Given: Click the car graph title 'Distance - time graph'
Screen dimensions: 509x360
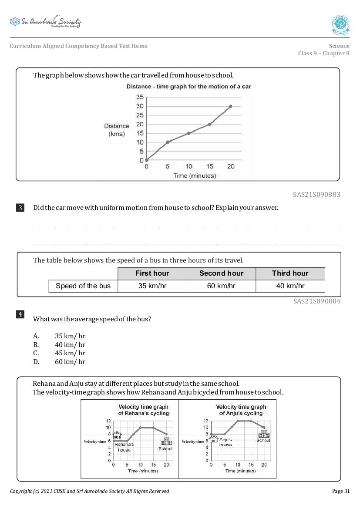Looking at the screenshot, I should point(188,87).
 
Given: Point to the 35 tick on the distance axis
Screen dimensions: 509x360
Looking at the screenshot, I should point(139,97).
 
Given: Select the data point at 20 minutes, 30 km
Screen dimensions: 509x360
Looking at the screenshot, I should point(231,106).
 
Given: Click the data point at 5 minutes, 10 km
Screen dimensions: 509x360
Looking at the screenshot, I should point(168,142).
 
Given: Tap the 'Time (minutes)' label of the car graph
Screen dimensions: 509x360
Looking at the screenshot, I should point(188,176).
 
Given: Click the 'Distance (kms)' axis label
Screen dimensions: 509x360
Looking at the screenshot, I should point(116,130).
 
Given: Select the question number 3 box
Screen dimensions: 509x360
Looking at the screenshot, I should point(20,208).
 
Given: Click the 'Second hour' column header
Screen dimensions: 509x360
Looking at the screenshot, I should point(221,273).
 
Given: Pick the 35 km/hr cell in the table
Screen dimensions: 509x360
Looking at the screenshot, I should point(152,286).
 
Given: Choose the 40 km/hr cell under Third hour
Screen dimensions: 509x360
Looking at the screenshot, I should point(290,286).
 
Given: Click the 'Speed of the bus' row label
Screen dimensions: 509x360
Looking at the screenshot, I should point(83,286).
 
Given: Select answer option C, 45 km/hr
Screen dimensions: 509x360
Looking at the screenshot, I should point(70,353).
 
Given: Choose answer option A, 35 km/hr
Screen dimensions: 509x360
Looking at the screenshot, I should point(70,336).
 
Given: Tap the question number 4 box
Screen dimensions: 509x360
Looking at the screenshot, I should point(20,314).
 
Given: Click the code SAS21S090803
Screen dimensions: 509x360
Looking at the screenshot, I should point(316,195).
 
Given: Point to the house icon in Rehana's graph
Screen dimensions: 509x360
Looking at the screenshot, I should point(117,435).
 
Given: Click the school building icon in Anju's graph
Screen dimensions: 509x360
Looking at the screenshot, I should point(263,433).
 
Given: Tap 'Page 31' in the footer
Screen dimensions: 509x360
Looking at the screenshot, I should point(340,491).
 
